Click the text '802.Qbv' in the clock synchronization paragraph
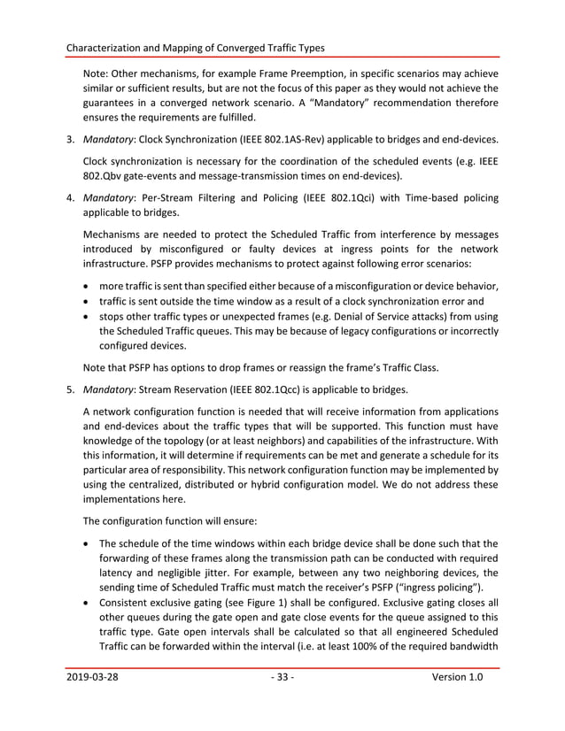tap(105, 176)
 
